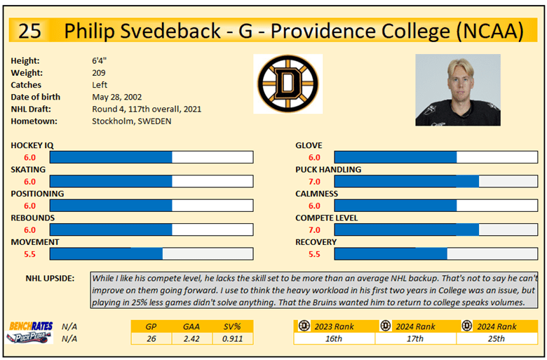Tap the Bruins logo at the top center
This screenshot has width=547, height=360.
pos(288,84)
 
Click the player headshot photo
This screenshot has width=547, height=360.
pos(458,90)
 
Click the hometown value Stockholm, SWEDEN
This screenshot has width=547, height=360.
pos(131,121)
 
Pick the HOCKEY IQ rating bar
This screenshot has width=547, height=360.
pos(151,157)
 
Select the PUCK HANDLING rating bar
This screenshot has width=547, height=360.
pos(435,181)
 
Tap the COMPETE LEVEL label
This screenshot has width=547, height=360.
pos(327,218)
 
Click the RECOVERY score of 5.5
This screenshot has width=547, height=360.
pos(314,254)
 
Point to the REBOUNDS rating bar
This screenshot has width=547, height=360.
pos(151,229)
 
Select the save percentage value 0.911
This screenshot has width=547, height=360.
pos(233,338)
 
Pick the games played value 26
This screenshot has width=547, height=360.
pos(151,338)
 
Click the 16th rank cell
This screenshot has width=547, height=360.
pos(334,338)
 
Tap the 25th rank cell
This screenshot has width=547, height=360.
pos(497,338)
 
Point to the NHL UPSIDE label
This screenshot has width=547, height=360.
pos(50,278)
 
